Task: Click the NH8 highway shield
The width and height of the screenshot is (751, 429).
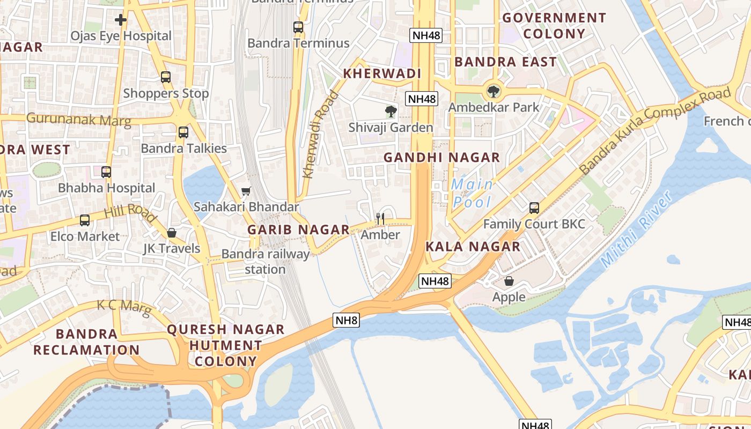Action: coord(346,321)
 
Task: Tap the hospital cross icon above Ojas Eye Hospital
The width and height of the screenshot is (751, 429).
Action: coord(121,20)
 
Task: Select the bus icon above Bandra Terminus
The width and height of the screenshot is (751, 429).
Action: coord(298,27)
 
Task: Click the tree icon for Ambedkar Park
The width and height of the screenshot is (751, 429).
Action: coord(493,91)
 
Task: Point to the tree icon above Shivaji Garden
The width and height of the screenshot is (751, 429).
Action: coord(391,112)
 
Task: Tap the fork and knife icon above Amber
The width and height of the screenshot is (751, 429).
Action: coord(380,218)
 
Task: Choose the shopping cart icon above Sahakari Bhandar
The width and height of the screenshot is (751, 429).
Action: coord(246,191)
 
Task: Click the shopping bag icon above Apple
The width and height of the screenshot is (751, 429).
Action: coord(509,281)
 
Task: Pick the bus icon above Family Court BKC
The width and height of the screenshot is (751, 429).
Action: coord(534,208)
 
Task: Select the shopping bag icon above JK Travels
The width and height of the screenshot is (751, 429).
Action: coord(172,233)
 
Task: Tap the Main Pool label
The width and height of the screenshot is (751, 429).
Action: coord(472,193)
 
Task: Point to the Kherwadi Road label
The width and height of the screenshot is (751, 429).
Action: coord(321,134)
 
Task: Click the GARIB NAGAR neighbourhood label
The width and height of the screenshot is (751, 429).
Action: coord(298,230)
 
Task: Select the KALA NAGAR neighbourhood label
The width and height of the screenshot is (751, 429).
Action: coord(473,247)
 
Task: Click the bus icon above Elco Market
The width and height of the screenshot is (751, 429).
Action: coord(85,220)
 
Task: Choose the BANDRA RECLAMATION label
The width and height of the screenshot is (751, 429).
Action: coord(86,342)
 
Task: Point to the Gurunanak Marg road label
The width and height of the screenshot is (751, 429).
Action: coord(78,119)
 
